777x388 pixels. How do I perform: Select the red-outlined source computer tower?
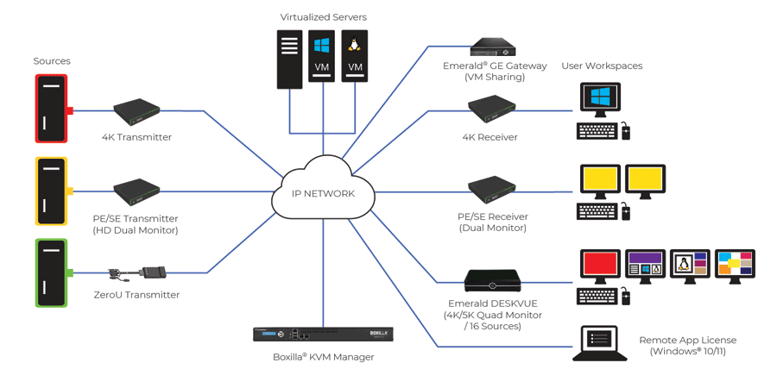coord(51,109)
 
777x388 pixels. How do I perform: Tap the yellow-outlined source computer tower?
coord(51,191)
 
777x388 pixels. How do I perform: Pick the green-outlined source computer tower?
coord(51,272)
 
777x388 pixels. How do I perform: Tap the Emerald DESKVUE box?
coord(492,281)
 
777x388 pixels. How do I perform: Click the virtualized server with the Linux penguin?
coord(355,59)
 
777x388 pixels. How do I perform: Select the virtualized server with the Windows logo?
coord(321,59)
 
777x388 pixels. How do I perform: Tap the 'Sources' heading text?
coord(52,61)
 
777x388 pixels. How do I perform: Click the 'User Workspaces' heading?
coord(602,66)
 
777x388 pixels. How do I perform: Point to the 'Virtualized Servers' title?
coord(323,16)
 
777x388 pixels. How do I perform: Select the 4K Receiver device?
coord(492,108)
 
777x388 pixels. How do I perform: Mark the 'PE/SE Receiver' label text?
coord(492,216)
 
